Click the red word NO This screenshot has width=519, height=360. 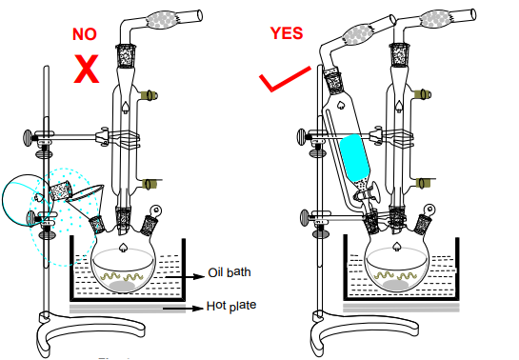85,34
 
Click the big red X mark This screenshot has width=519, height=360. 87,69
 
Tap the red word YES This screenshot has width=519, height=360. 287,33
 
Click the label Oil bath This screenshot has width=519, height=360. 230,272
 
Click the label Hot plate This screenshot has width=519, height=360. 231,306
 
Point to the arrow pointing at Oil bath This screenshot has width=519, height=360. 185,276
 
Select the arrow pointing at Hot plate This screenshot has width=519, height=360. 183,309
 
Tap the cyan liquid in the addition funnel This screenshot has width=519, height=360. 355,157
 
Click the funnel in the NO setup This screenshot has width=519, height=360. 87,198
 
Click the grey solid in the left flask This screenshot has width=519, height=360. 122,287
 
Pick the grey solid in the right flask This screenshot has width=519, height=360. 395,285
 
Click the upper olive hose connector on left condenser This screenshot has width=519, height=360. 149,95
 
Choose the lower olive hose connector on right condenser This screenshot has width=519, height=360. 424,183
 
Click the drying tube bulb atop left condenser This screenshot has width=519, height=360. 163,20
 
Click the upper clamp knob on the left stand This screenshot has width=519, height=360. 28,136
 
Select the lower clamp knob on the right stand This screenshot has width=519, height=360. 305,217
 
